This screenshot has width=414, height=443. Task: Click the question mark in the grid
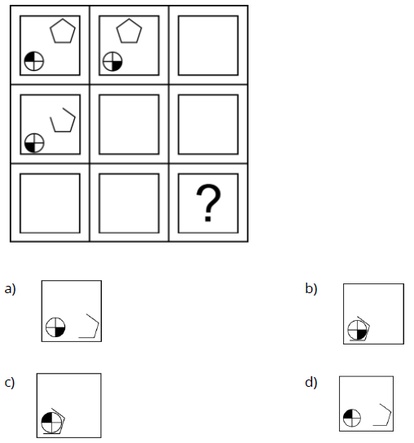tap(209, 203)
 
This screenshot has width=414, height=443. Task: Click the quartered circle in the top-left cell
tap(34, 61)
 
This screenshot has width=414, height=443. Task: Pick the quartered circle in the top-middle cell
tap(112, 61)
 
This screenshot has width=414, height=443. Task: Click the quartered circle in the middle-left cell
tap(34, 143)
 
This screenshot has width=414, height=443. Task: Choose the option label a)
tap(10, 289)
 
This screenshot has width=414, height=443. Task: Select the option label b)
tap(311, 289)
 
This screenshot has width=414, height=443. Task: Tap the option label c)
tap(10, 383)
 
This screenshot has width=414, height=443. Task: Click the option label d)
tap(311, 383)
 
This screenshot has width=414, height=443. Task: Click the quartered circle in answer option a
tap(55, 327)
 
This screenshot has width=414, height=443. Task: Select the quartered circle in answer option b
tap(357, 330)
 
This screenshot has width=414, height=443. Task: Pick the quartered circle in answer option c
tap(51, 422)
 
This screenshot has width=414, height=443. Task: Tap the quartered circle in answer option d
tap(352, 418)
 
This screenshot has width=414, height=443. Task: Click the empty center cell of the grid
tap(130, 125)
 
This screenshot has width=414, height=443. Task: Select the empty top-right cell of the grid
tap(209, 46)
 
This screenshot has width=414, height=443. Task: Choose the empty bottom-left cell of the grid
tap(50, 204)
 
